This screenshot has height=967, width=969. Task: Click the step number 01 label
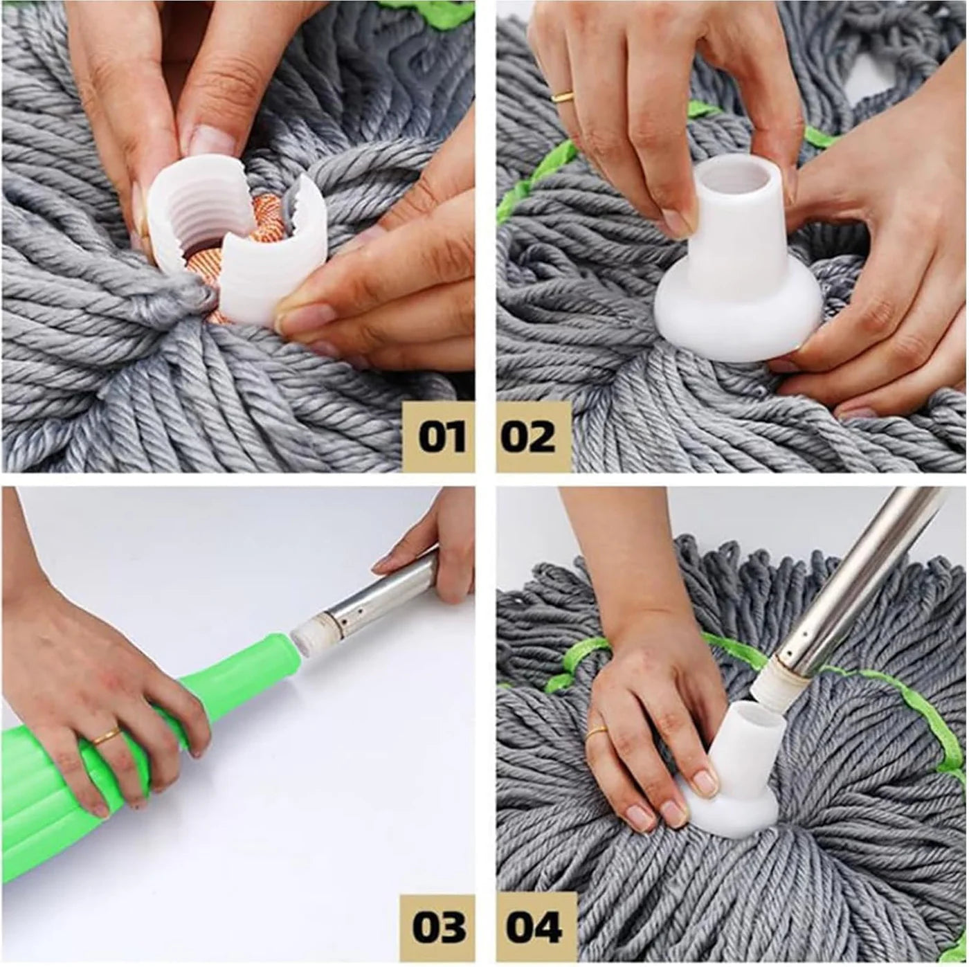click(x=440, y=437)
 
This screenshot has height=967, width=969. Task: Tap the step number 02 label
click(x=529, y=437)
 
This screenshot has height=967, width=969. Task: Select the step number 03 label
click(x=440, y=928)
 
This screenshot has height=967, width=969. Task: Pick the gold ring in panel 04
click(x=596, y=732)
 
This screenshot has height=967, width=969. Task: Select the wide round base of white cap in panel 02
click(x=720, y=315)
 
